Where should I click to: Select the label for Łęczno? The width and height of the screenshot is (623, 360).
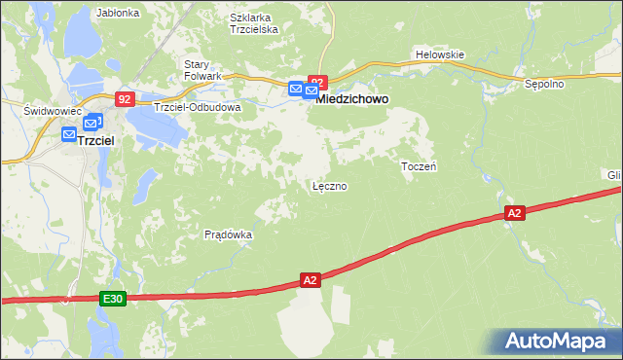[329, 185]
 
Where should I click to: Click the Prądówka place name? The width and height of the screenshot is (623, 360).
[229, 234]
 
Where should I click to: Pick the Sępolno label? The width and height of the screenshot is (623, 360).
[545, 85]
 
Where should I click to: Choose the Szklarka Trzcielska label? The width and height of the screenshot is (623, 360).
[254, 23]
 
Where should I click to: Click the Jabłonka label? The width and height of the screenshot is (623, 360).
[119, 14]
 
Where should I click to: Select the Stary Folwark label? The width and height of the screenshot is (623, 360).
[203, 70]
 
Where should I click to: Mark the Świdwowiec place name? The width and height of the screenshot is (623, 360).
[50, 112]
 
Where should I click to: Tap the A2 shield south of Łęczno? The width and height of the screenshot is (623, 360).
[310, 280]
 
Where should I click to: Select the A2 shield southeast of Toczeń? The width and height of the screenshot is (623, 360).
[515, 212]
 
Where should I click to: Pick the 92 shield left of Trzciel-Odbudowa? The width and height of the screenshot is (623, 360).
[125, 98]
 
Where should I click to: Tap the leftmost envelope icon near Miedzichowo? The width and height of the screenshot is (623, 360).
[296, 89]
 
